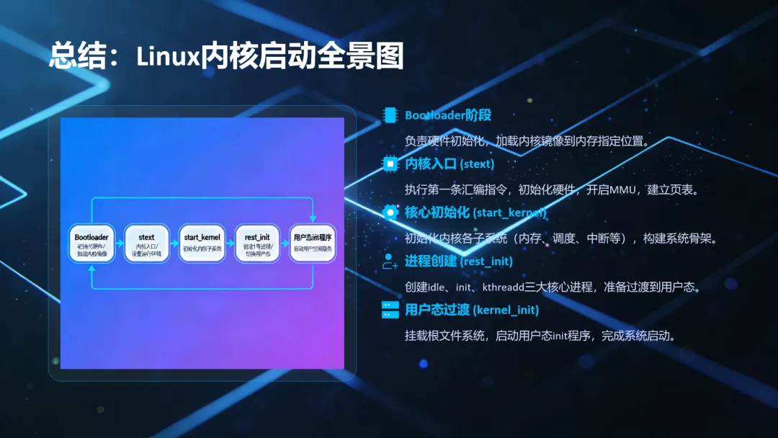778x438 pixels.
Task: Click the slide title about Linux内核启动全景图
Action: pos(226,55)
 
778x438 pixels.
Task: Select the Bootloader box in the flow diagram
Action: pos(91,243)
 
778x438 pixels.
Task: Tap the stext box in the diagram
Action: pos(146,243)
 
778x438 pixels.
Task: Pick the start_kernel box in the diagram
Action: pos(202,243)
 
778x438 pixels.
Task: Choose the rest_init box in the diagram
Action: pos(257,243)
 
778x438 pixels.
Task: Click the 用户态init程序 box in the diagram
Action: pos(313,243)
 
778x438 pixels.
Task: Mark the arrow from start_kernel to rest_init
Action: pos(229,243)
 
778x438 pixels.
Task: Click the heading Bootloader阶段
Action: pos(448,115)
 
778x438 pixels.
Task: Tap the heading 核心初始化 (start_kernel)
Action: pos(475,213)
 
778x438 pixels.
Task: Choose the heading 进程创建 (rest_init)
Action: pos(459,262)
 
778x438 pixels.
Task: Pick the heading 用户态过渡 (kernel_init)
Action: pos(472,310)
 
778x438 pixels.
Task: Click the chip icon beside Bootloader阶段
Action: pos(390,115)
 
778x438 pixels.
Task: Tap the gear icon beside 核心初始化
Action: pos(390,213)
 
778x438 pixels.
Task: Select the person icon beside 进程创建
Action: pos(390,262)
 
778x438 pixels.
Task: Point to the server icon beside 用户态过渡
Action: pos(390,310)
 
